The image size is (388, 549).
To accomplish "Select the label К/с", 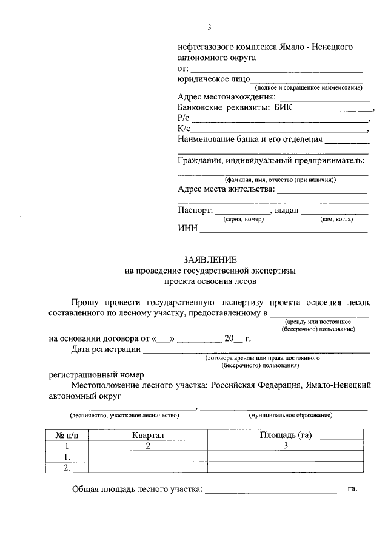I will pos(184,129).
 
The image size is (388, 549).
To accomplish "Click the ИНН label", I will pos(187,229).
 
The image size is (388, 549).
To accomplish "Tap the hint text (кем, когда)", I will pos(336,219).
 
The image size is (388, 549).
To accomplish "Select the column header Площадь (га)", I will pos(285,435).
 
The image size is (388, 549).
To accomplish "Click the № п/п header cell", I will pos(67,435).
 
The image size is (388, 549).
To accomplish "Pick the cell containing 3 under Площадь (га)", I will pos(285,445).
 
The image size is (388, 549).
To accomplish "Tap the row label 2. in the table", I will pos(67,468).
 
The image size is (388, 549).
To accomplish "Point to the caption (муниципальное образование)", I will pos(290,415).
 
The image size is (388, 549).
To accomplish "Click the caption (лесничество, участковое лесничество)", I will pos(124,415).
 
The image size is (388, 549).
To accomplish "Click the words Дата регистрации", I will pos(105,349).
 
